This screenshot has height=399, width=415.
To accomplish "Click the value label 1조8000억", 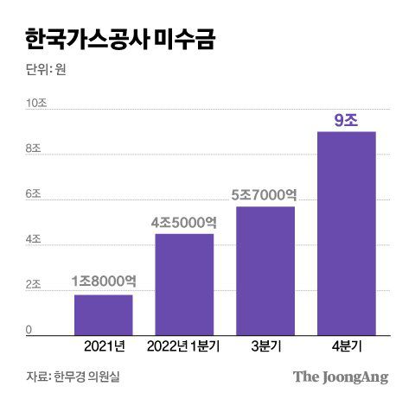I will [x=102, y=281].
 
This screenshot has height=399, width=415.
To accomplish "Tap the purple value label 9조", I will [x=346, y=120].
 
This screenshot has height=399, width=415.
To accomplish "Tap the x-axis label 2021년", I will [x=104, y=347].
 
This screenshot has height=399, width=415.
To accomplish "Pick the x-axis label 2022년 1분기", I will [x=184, y=347].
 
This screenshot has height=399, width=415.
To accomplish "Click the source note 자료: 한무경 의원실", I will [x=75, y=377].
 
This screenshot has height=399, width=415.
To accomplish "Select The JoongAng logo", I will [x=340, y=377].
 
